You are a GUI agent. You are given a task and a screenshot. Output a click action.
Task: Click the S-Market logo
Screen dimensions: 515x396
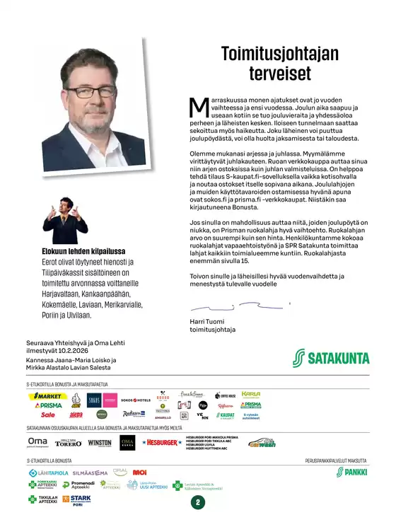coord(48,396)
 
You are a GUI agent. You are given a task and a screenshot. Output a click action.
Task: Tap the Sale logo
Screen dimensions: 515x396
coord(48,415)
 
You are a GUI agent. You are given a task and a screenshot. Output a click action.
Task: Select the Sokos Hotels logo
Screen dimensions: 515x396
coord(136,400)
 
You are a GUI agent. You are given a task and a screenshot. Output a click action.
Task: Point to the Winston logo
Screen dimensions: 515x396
coord(100,443)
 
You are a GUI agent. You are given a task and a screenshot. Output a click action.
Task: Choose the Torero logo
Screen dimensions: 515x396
coord(69,443)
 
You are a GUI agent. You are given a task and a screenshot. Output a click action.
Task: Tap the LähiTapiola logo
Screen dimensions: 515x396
coord(48,472)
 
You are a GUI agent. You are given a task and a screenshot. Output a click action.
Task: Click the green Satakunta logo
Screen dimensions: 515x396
coord(331,357)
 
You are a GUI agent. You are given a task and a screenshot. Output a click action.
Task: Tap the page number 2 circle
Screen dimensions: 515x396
coord(198,503)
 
